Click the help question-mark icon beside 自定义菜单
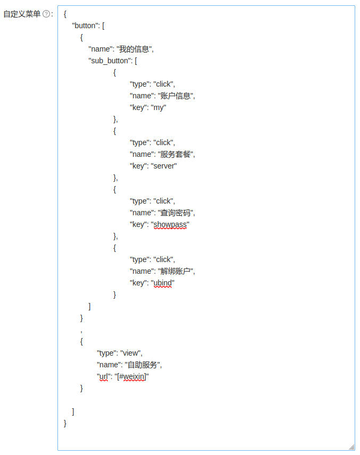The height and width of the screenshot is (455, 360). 46,14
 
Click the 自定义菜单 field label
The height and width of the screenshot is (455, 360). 22,14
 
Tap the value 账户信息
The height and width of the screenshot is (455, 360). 175,96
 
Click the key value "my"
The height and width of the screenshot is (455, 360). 159,107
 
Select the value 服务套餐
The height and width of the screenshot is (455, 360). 175,154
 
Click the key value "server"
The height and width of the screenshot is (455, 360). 164,166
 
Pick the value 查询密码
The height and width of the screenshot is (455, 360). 175,213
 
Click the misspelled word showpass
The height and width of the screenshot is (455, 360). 170,224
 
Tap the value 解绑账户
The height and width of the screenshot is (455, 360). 175,271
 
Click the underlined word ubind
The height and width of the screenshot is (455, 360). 163,283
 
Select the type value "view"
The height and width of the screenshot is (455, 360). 131,353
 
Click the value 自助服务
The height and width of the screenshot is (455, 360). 143,365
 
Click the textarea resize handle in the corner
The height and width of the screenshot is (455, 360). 351,447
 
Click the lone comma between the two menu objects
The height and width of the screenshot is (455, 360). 81,330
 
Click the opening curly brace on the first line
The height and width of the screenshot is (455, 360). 65,14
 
